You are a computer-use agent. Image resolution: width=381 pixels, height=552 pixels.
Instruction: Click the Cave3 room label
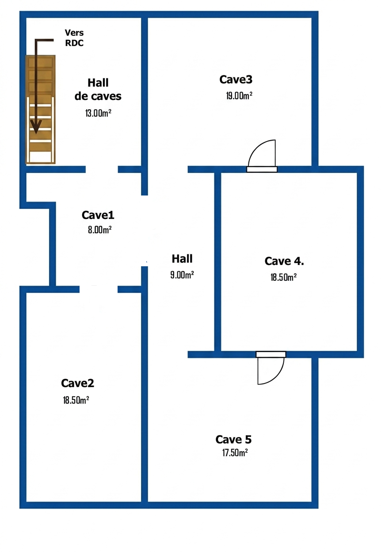point(236,80)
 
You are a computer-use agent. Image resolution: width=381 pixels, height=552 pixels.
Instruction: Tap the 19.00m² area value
point(239,96)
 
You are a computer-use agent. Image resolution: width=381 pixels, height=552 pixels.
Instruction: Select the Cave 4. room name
point(284,261)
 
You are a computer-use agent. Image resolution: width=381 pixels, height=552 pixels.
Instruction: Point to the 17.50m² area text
point(234,452)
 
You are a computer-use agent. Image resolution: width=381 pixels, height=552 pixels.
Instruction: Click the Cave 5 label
point(234,440)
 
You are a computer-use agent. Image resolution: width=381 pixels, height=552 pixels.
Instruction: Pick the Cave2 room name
point(78,383)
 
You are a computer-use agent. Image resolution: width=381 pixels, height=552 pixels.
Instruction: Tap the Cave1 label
point(98,215)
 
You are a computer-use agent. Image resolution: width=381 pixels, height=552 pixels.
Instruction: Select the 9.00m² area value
point(182,275)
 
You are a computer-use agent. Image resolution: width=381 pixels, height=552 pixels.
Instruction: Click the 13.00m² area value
point(98,113)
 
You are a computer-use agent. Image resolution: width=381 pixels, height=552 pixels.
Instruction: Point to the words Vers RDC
point(74,38)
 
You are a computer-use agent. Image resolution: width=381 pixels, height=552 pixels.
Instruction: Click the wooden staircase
point(41,109)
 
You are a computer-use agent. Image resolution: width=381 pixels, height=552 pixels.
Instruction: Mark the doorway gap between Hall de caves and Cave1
point(102,169)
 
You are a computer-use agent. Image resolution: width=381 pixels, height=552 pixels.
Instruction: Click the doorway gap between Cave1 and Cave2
point(99,290)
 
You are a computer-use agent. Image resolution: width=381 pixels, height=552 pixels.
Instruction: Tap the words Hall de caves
point(98,89)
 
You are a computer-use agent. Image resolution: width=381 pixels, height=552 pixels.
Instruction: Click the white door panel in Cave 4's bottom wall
point(271,354)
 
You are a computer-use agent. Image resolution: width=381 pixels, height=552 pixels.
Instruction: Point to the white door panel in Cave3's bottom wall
point(262,169)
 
